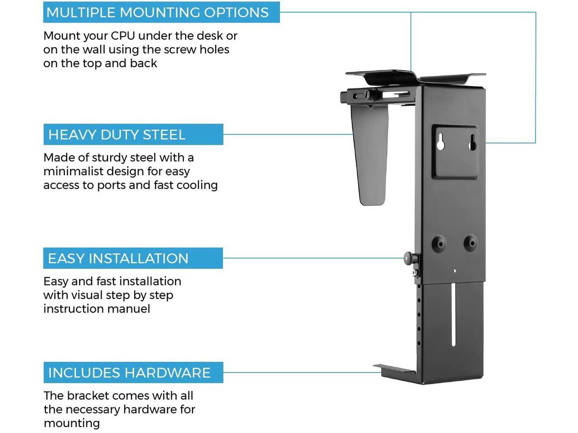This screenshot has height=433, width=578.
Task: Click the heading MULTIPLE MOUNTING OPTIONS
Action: [x=158, y=12]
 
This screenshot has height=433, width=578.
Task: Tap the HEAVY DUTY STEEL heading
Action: [x=117, y=134]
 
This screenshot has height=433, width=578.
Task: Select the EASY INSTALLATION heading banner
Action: [x=118, y=258]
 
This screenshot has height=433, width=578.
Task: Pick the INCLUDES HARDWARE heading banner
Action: [x=129, y=373]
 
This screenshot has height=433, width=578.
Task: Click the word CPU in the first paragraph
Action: [x=123, y=36]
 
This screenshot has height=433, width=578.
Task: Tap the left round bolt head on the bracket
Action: [x=438, y=243]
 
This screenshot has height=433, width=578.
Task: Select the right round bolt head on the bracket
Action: [x=470, y=243]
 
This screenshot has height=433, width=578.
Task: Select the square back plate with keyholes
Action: [x=455, y=152]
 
